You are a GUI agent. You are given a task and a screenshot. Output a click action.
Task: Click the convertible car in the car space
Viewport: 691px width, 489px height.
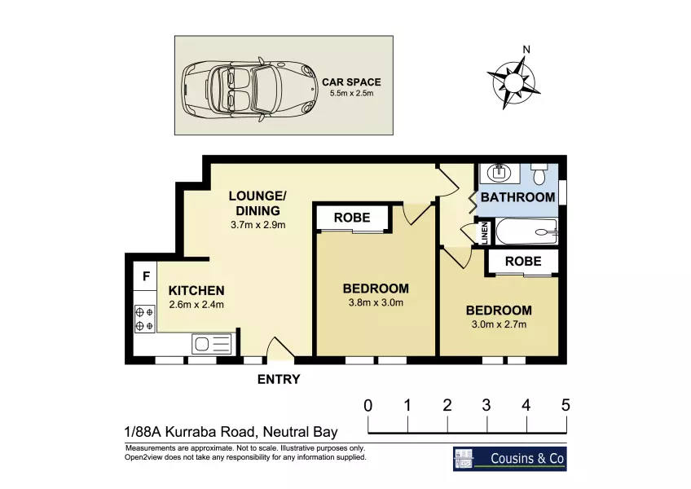click(x=249, y=87)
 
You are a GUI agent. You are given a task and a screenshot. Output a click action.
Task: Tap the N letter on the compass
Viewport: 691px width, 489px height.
click(x=526, y=50)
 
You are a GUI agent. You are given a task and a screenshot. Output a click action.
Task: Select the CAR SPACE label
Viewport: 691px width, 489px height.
click(x=351, y=82)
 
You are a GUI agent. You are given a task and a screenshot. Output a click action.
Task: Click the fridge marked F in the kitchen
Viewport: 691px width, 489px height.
click(x=146, y=276)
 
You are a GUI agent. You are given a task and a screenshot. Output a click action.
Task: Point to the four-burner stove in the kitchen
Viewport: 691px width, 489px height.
click(x=144, y=319)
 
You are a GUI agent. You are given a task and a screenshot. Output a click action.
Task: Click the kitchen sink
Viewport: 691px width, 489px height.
click(x=212, y=343)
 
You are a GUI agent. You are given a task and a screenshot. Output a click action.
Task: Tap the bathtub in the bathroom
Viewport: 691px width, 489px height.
click(x=527, y=231)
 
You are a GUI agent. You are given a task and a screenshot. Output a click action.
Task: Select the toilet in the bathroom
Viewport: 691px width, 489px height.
click(x=539, y=174)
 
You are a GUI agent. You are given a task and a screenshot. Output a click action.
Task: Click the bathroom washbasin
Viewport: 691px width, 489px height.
click(x=500, y=173)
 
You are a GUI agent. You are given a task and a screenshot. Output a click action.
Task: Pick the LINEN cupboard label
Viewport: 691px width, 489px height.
click(x=485, y=232)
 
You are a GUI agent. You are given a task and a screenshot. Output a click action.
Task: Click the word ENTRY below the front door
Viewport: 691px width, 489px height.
click(x=279, y=379)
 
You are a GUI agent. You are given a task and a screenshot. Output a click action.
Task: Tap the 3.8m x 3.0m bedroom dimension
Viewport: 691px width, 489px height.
click(x=376, y=303)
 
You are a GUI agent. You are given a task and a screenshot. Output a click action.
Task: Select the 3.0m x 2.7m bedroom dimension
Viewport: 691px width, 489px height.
click(x=499, y=324)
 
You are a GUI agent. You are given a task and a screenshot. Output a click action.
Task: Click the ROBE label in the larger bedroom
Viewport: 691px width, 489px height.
click(x=352, y=218)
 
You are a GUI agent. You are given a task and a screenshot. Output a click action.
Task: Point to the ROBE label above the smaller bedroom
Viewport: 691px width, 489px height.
click(x=523, y=261)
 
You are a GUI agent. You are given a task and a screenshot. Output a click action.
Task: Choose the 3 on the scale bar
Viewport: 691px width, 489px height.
click(x=486, y=405)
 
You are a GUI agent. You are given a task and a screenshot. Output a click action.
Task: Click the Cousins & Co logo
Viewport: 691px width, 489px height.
click(x=510, y=459)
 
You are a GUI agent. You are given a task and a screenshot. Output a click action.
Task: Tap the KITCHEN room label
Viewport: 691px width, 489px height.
click(x=196, y=291)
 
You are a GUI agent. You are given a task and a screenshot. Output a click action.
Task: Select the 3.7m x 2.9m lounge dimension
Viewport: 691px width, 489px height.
click(x=257, y=225)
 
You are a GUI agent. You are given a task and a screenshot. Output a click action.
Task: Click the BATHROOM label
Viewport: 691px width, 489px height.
click(x=517, y=197)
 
